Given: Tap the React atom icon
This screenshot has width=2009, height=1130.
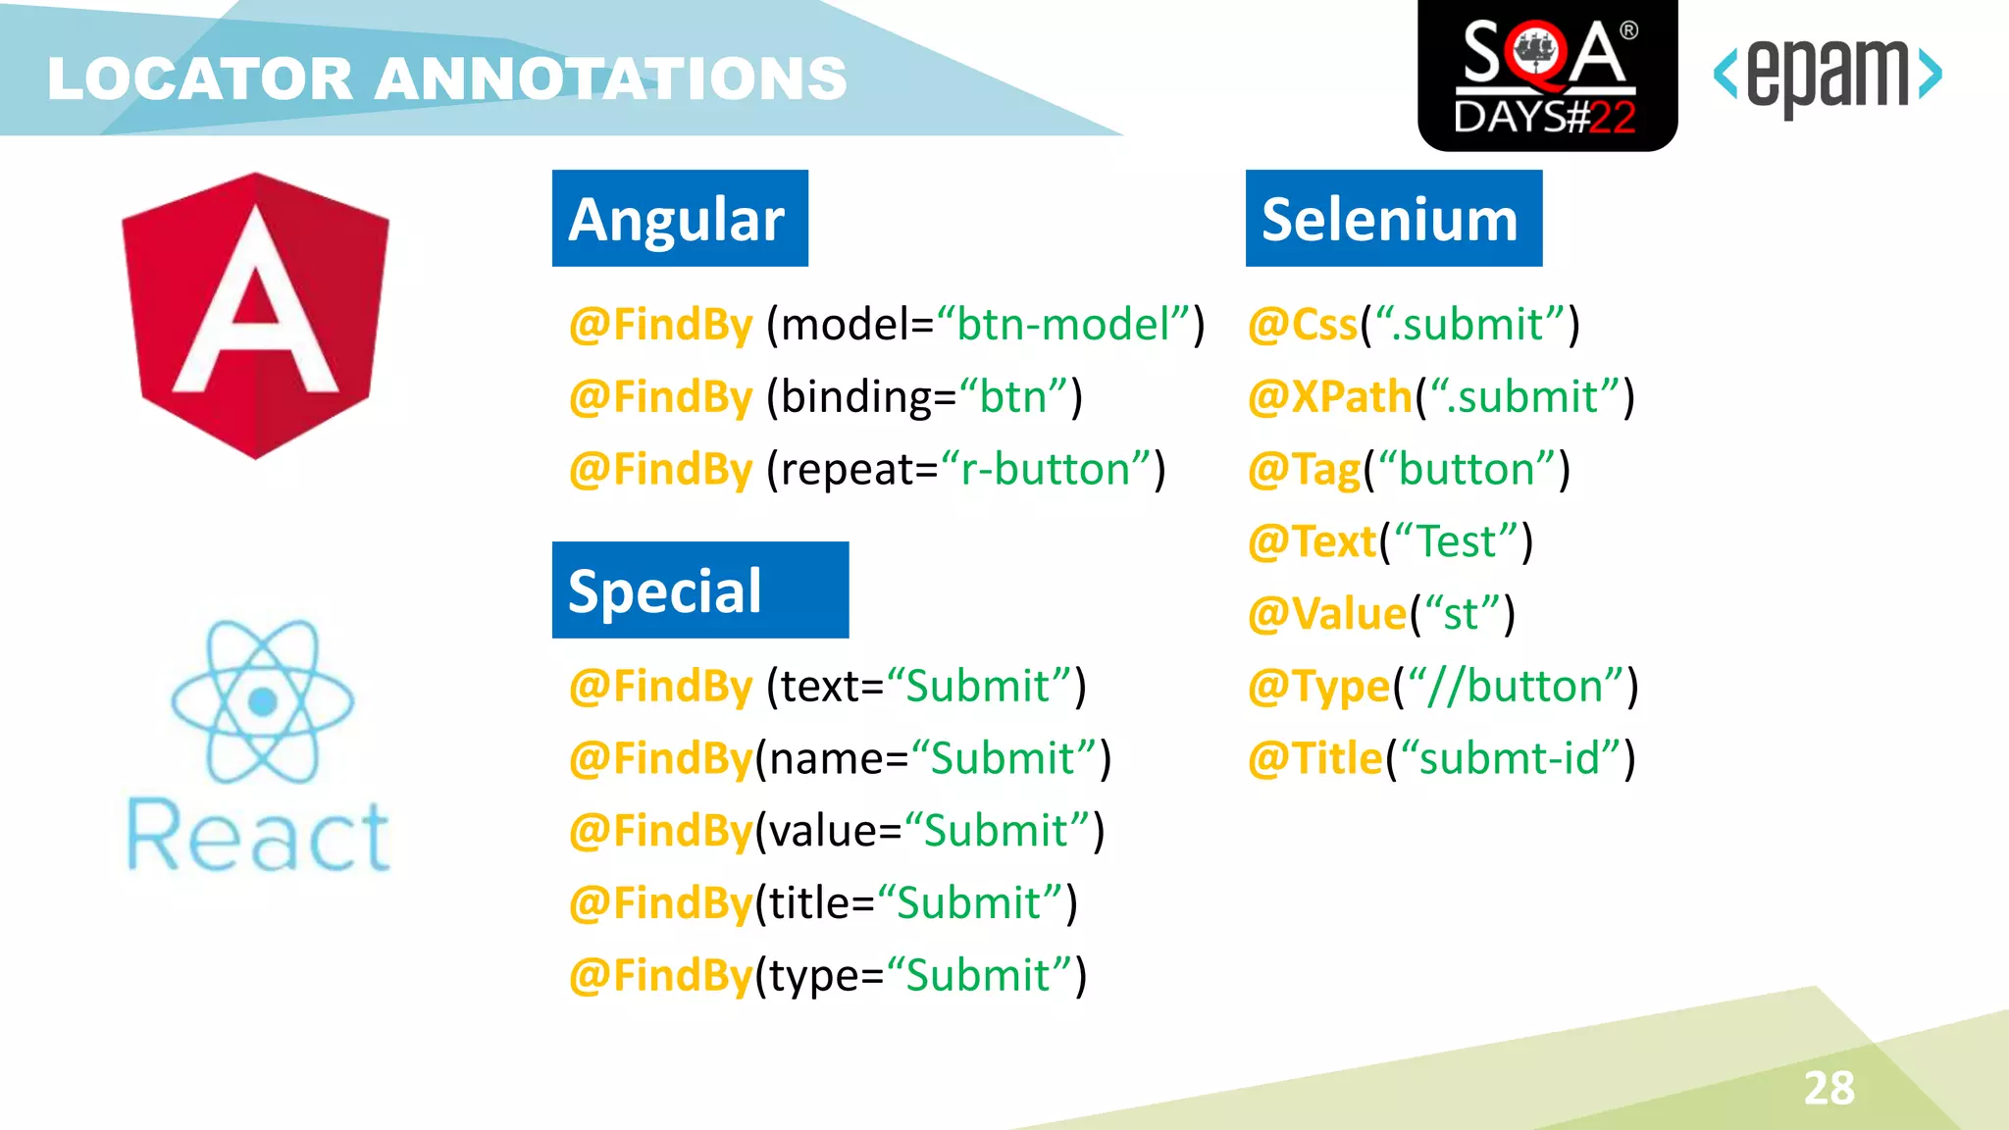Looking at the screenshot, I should pyautogui.click(x=262, y=701).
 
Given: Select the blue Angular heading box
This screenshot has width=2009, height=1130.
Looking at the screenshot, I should pyautogui.click(x=680, y=219).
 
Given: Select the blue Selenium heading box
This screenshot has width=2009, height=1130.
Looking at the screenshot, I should pyautogui.click(x=1393, y=219).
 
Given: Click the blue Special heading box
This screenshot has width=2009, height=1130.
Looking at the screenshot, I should pyautogui.click(x=699, y=591).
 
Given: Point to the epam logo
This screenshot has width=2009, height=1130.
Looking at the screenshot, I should pyautogui.click(x=1828, y=76).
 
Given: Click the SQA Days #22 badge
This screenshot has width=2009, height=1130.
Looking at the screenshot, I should pyautogui.click(x=1547, y=76).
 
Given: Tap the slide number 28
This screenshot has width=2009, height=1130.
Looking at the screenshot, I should pyautogui.click(x=1829, y=1088).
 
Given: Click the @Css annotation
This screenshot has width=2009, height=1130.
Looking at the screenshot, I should pyautogui.click(x=1303, y=325).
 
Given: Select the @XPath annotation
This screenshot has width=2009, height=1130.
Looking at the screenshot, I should pyautogui.click(x=1330, y=397).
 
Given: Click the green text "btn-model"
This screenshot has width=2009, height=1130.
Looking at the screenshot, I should pyautogui.click(x=1063, y=325).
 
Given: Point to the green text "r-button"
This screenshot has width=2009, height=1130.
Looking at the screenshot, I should pyautogui.click(x=1045, y=470).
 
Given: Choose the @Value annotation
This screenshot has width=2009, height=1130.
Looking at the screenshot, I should pyautogui.click(x=1327, y=614).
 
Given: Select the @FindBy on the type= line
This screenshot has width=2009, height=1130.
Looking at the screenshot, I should pyautogui.click(x=661, y=976).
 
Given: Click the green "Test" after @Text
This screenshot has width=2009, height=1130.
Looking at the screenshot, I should pyautogui.click(x=1456, y=542).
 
